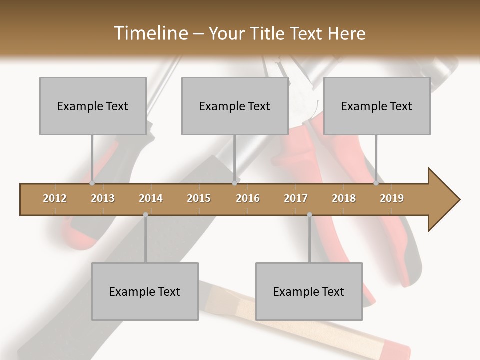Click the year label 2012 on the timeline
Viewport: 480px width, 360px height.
[x=55, y=198]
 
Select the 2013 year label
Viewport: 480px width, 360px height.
[x=103, y=198]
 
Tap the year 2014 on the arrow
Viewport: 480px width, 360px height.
[x=151, y=198]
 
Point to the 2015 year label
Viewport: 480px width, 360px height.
[x=199, y=198]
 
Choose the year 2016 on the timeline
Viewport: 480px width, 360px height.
[x=248, y=198]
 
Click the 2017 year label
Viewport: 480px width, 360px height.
[x=296, y=198]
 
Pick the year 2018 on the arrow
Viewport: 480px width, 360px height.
[x=344, y=198]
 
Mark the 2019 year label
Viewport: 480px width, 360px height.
[x=392, y=198]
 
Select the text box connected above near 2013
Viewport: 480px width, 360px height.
[x=93, y=106]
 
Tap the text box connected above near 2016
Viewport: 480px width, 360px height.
[x=235, y=106]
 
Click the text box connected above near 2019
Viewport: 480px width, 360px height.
[x=377, y=106]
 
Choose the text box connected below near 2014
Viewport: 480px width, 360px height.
[x=145, y=291]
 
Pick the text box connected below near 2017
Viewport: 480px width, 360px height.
[x=309, y=291]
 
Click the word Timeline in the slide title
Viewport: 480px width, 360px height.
[x=150, y=33]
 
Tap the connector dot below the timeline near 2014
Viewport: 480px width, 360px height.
[x=145, y=215]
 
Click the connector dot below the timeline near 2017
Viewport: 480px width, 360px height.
[x=309, y=215]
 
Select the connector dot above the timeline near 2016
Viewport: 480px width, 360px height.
[x=234, y=183]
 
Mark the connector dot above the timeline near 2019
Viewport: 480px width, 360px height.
[x=376, y=183]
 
